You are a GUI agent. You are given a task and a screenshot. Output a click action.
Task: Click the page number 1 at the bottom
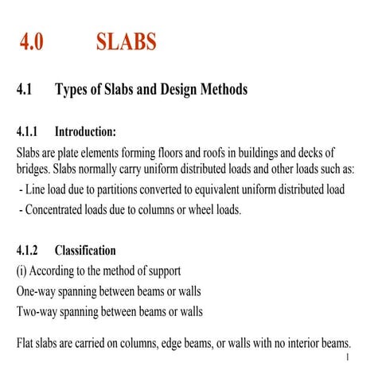(349, 358)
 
